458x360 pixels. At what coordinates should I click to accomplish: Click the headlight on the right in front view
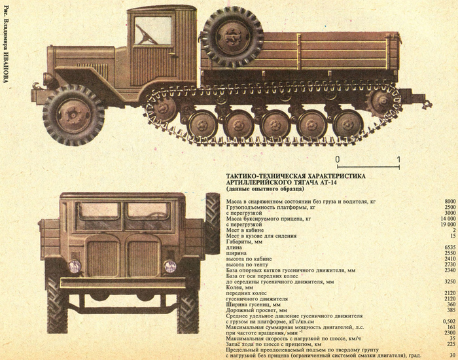(x=170, y=266)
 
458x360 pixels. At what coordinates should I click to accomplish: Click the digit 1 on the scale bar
(x=398, y=159)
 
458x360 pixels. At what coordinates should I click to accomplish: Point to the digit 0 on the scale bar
(x=337, y=159)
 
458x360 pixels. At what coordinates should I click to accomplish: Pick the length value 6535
(x=449, y=248)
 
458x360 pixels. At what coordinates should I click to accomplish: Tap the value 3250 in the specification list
(x=449, y=281)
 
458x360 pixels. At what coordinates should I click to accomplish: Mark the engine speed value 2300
(x=449, y=333)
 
